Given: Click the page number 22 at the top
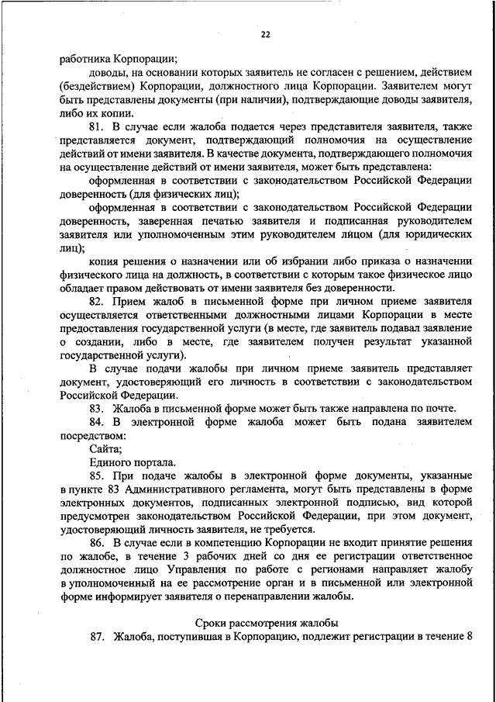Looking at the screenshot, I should [x=265, y=34].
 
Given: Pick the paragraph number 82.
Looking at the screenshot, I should [x=96, y=301].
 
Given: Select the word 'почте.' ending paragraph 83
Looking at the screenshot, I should [x=439, y=409].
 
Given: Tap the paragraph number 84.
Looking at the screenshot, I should [x=96, y=423].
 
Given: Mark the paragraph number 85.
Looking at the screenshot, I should [x=96, y=475].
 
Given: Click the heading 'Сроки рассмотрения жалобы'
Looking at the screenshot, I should [x=265, y=623].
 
